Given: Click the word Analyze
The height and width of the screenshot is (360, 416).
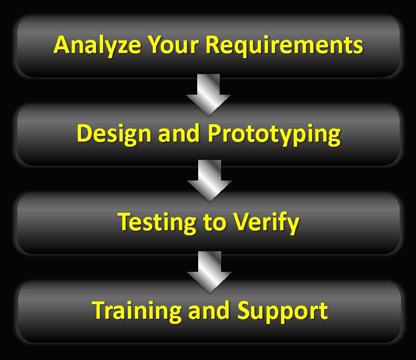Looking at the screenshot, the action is tap(97, 45).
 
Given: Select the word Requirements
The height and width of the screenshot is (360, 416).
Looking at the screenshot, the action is tap(284, 45).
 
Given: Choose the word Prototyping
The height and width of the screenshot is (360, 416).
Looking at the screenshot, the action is tap(274, 135).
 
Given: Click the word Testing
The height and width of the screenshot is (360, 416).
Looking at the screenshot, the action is tap(157, 223).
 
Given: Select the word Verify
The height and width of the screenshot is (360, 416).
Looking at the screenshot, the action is tap(266, 223).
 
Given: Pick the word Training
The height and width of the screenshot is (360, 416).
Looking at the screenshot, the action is tap(137, 312).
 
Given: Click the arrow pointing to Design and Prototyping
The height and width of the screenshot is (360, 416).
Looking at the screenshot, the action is tap(208, 95).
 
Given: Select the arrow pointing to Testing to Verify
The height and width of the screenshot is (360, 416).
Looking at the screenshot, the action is tap(209, 180).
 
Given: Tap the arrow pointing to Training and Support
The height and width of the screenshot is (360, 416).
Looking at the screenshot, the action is tap(209, 272).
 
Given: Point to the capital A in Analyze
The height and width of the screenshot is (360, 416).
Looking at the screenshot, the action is tap(62, 45).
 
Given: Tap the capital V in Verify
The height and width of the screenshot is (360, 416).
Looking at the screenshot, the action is tap(241, 222).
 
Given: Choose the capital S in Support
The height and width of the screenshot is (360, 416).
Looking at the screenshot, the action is tap(244, 311).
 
